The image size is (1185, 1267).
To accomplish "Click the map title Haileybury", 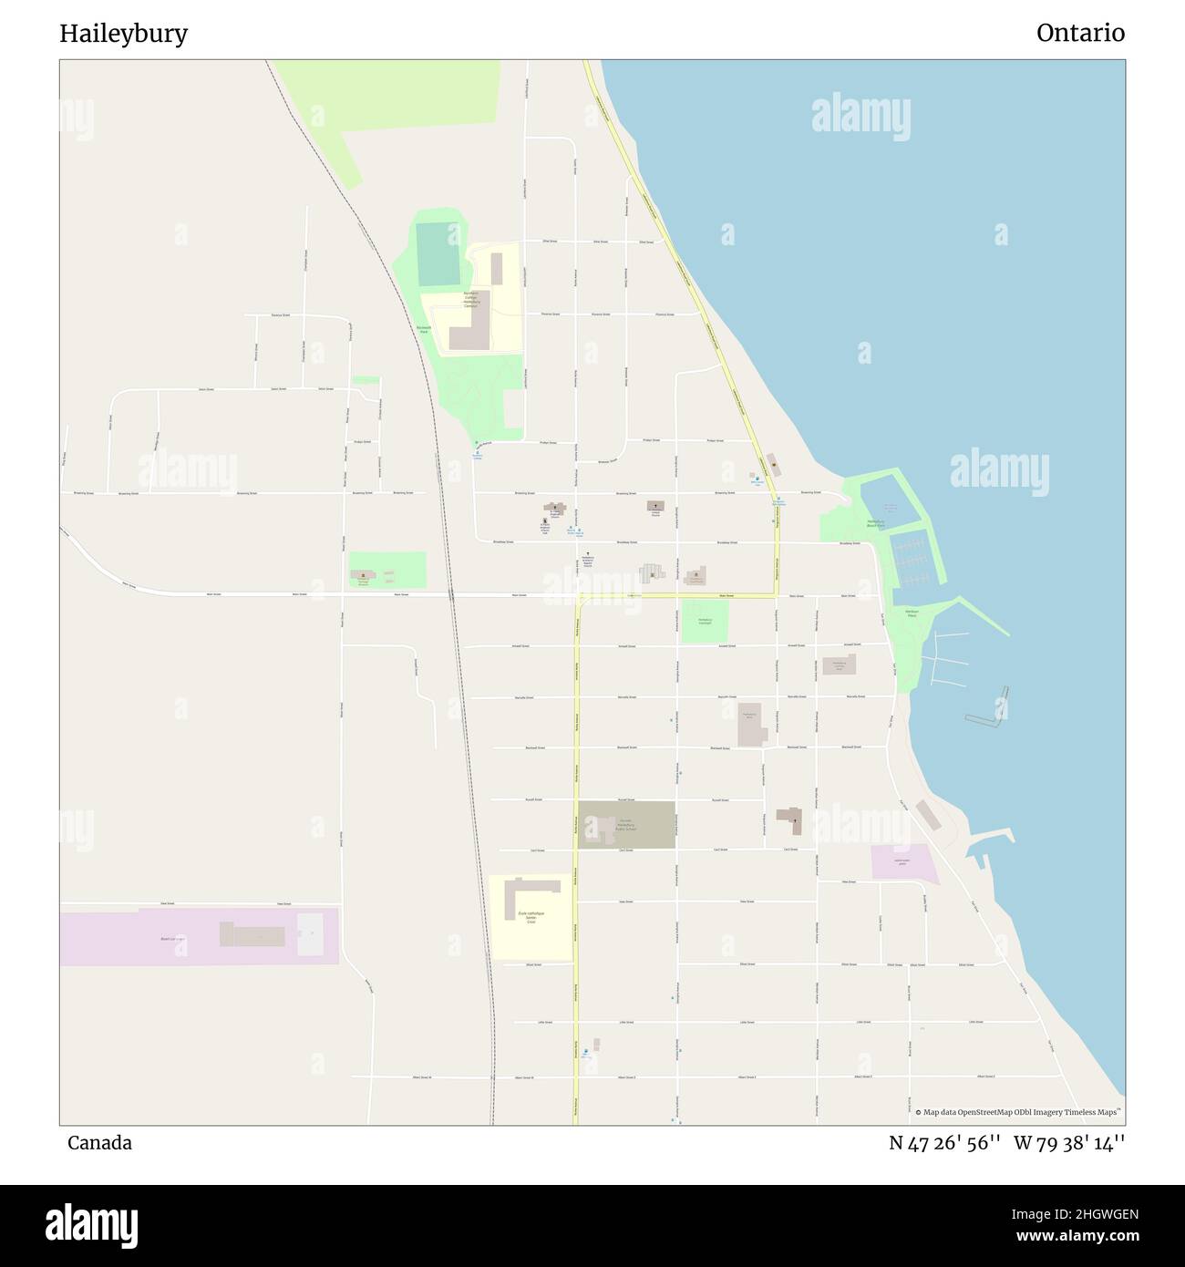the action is tap(124, 34).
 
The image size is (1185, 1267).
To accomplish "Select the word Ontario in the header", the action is tap(1080, 33).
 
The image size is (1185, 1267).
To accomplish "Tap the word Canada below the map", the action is tap(99, 1143).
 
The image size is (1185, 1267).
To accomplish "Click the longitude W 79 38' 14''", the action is tap(1069, 1143).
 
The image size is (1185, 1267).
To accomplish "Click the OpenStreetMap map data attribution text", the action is tap(1019, 1112).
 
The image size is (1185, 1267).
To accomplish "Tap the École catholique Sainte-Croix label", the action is tap(531, 917).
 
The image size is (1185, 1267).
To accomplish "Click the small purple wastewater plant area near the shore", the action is tap(903, 862).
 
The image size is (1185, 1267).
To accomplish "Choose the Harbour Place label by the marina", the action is tap(912, 613).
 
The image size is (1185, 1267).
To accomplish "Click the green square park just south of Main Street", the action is tap(705, 621).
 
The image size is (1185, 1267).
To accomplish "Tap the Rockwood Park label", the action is tap(423, 329).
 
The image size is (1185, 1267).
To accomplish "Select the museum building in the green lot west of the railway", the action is tap(363, 575).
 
